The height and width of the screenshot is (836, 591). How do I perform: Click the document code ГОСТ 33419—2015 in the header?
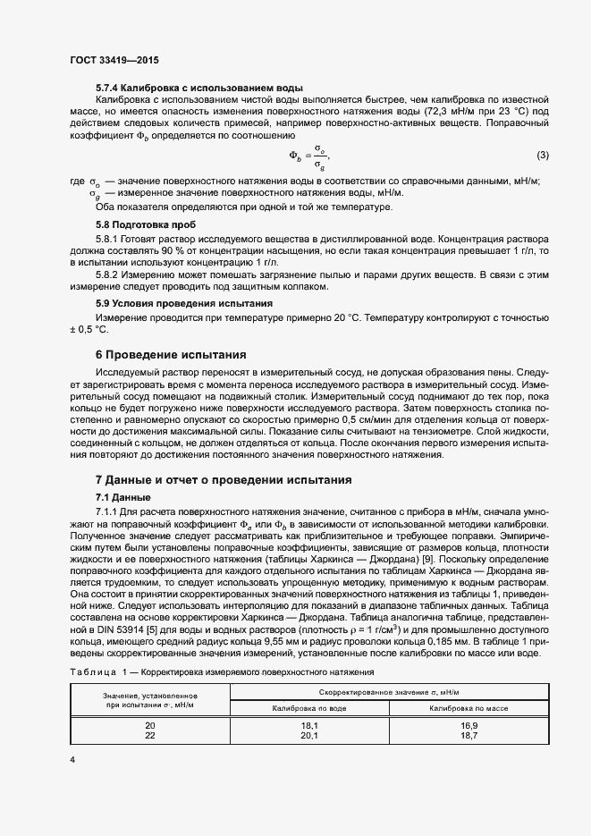[121, 61]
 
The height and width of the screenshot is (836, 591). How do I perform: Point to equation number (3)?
[542, 156]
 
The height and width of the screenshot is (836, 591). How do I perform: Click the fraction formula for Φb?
[308, 156]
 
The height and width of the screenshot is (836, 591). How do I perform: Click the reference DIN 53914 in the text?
[122, 629]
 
